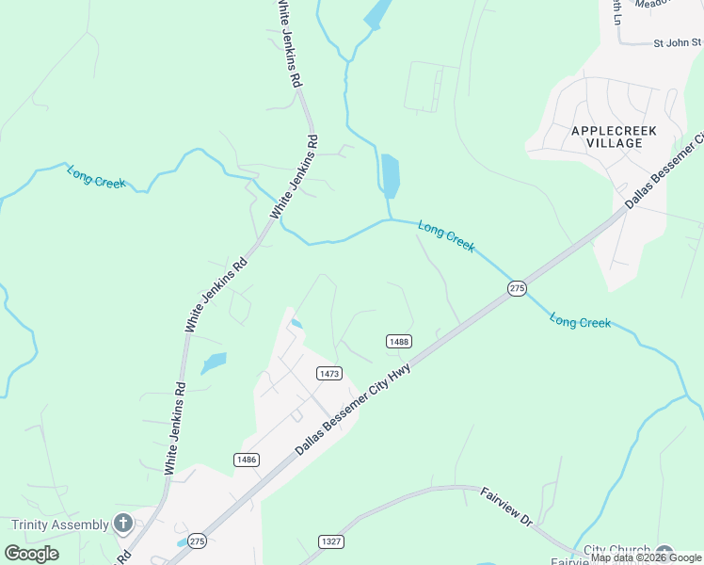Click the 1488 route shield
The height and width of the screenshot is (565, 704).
pyautogui.click(x=398, y=341)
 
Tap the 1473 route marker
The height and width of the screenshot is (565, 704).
pyautogui.click(x=328, y=374)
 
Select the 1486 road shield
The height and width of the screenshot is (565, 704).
pyautogui.click(x=247, y=459)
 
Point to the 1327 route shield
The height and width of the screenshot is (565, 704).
pyautogui.click(x=330, y=541)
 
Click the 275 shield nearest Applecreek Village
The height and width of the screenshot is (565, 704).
pyautogui.click(x=517, y=288)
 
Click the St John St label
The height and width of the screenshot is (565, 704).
pyautogui.click(x=678, y=41)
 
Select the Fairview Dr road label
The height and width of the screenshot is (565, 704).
pyautogui.click(x=506, y=506)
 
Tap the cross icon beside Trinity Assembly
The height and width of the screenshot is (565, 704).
pyautogui.click(x=123, y=524)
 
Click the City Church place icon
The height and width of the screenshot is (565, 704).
pyautogui.click(x=665, y=553)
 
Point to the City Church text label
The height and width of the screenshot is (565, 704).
pyautogui.click(x=616, y=551)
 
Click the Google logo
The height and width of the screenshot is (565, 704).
pyautogui.click(x=31, y=553)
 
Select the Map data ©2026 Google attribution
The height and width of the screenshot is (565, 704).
pyautogui.click(x=646, y=557)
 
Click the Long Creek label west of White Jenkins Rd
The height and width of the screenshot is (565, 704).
pyautogui.click(x=96, y=176)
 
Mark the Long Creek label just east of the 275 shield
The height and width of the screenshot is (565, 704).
pyautogui.click(x=581, y=322)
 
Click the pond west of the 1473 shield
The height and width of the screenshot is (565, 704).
pyautogui.click(x=215, y=362)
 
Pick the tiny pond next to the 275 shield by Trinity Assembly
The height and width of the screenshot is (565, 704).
pyautogui.click(x=181, y=543)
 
